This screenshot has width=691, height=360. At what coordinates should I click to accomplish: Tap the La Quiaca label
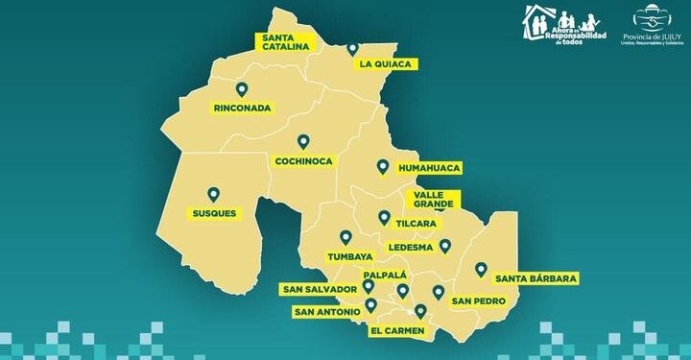point(385,64)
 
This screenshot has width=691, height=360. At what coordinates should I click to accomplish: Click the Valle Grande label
point(431,200)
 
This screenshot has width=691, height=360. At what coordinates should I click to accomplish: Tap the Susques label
point(213,212)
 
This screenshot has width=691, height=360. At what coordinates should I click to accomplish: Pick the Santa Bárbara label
point(536,278)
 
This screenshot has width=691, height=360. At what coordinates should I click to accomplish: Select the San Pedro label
point(473,301)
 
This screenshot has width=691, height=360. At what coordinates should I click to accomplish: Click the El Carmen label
point(396,330)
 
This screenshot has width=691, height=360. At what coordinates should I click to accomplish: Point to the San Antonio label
point(327,312)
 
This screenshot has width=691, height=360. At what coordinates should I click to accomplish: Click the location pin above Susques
point(213,194)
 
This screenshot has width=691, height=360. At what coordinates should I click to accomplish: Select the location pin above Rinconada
point(242,89)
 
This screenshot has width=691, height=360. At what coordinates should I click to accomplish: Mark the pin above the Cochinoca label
point(303,141)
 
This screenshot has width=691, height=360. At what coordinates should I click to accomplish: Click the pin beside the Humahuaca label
point(382,167)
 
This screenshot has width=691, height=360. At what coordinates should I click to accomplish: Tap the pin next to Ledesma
point(444,246)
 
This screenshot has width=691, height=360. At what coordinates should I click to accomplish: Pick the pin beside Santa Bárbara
point(481,270)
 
